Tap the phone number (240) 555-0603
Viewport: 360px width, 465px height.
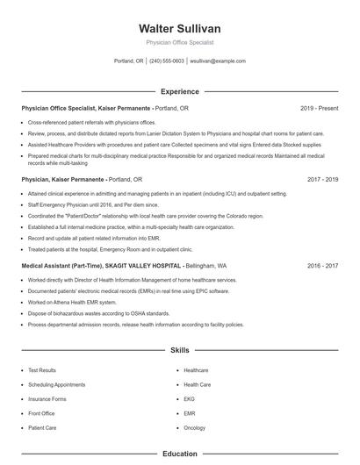click(x=167, y=61)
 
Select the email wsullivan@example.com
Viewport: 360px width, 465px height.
click(x=218, y=61)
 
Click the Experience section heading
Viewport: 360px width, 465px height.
click(x=180, y=91)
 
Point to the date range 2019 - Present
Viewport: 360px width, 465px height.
click(x=319, y=108)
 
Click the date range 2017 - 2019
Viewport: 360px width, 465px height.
click(x=322, y=179)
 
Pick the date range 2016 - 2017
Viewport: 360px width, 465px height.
click(x=322, y=264)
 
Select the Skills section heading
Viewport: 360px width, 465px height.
click(x=180, y=350)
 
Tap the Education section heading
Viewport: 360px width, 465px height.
click(x=180, y=454)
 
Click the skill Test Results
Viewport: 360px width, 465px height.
click(x=42, y=370)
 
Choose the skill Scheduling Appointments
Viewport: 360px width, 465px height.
click(x=56, y=384)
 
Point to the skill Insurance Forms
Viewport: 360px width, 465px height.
click(x=47, y=398)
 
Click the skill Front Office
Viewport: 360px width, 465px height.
click(x=41, y=412)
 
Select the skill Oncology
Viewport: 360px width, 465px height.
click(x=195, y=427)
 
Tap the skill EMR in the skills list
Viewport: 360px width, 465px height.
click(x=189, y=412)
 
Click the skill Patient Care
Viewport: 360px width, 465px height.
click(x=42, y=427)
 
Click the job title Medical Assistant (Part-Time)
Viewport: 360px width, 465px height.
click(x=58, y=264)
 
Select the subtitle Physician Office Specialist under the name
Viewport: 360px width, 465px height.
click(x=180, y=42)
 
